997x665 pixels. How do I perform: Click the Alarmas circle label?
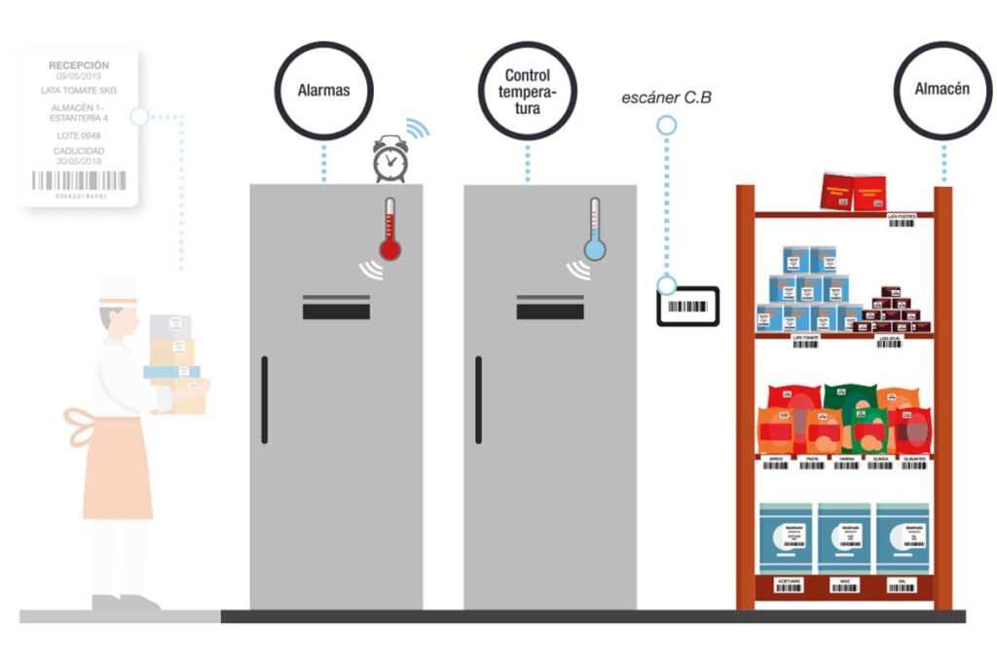point(323,92)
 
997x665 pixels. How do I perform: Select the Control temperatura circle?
point(528,92)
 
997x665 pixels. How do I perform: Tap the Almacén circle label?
point(942,89)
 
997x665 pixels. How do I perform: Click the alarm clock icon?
point(389,160)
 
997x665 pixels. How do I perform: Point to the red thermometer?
point(390,230)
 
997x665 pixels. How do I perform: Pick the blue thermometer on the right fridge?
point(594,230)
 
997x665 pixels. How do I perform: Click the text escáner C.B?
point(666,98)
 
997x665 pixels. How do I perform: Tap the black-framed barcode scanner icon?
point(687,307)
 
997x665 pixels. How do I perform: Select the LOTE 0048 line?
point(79,136)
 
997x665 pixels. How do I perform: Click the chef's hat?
point(116,286)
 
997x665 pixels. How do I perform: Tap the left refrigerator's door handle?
point(264,399)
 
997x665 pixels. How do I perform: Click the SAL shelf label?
point(902,585)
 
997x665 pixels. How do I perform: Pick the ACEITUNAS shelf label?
point(788,585)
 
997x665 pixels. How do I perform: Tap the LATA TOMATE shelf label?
point(804,344)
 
